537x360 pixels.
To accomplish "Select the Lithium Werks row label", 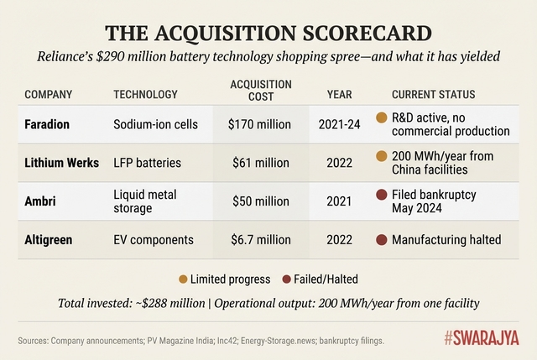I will pos(63,163).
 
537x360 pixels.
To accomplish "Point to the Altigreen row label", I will pos(49,240).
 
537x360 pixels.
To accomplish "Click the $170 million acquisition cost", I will pos(261,124).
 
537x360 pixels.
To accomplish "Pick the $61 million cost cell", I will pos(261,163).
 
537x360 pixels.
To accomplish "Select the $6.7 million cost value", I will pos(261,240).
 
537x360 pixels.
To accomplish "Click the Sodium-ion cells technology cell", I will pos(156,124).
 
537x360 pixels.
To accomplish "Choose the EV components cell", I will pos(154,240).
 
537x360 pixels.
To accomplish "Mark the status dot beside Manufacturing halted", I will pos(383,240).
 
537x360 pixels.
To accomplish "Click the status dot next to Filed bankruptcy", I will pos(383,195).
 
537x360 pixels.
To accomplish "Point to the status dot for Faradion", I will pos(383,117).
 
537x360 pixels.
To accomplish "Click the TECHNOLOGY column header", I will pos(145,94).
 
